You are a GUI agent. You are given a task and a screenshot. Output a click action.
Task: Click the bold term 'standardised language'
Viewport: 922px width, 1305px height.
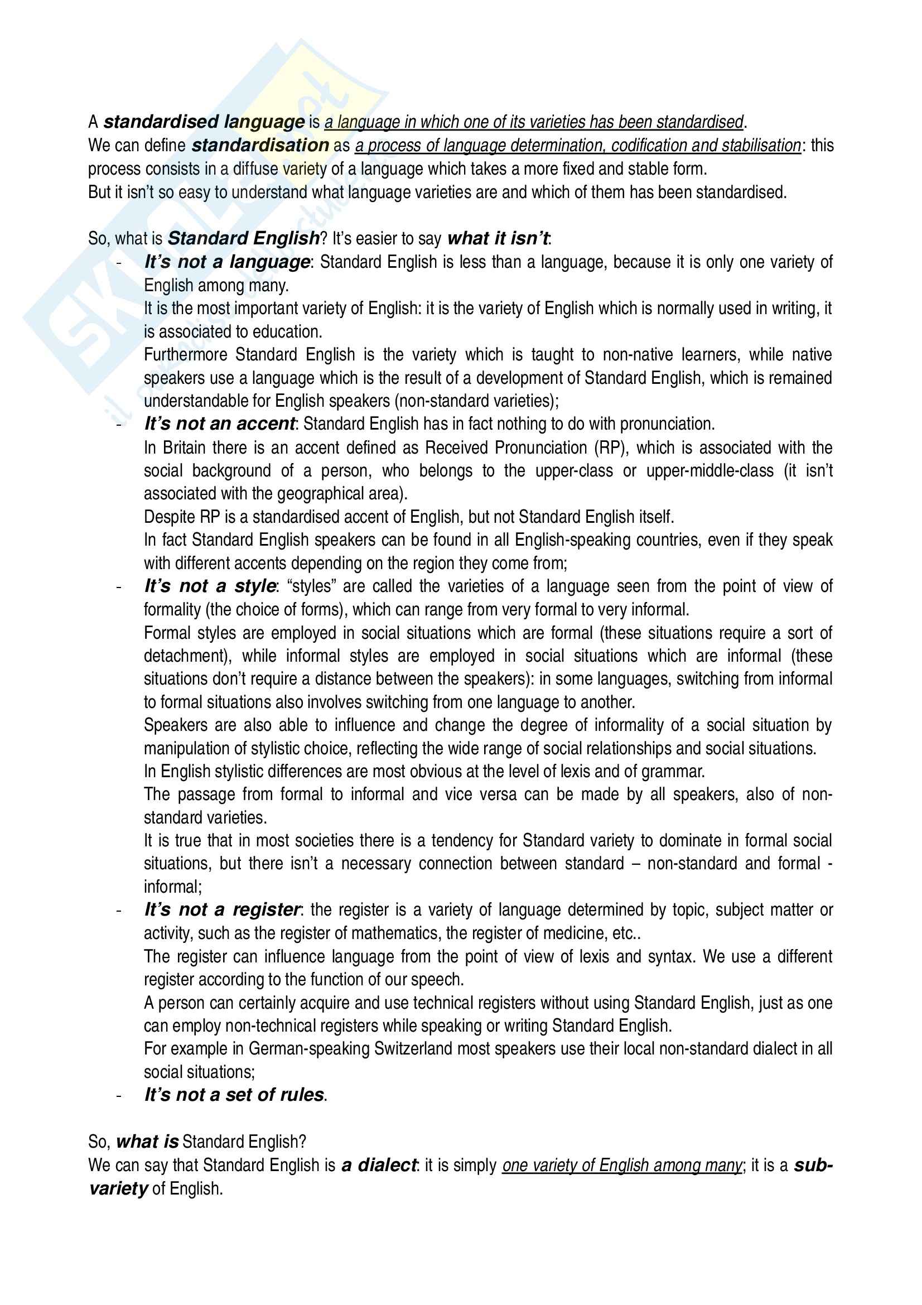pos(205,122)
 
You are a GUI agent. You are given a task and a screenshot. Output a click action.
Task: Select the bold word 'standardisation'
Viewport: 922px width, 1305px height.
pos(260,146)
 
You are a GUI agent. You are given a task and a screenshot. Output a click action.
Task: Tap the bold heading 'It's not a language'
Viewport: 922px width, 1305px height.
pos(226,262)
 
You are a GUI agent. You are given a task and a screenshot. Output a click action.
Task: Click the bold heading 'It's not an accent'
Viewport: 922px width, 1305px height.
pos(219,424)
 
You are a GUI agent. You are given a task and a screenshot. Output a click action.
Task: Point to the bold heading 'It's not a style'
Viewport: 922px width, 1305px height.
pos(210,586)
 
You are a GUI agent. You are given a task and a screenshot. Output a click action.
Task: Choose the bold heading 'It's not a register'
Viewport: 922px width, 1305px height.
pos(221,910)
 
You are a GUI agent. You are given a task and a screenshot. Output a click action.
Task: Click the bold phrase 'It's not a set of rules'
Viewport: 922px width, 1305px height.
pos(234,1095)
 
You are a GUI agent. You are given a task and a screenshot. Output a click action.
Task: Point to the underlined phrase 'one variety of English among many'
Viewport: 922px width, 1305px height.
pos(621,1166)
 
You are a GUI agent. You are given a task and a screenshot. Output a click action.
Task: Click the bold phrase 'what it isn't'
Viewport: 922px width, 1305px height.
pos(498,239)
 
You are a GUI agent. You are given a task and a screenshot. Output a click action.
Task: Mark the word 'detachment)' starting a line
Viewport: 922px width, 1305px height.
pos(187,656)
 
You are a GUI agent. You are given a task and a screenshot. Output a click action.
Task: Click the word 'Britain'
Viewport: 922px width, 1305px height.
pos(184,448)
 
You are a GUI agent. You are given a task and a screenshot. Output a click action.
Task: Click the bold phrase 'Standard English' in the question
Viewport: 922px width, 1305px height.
pos(244,239)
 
